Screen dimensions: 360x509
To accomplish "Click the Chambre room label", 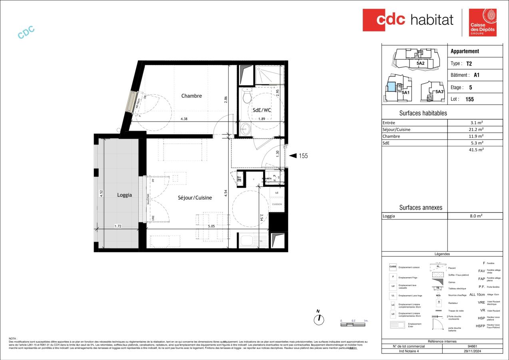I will [x=192, y=96].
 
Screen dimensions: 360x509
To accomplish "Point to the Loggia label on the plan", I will [x=124, y=195].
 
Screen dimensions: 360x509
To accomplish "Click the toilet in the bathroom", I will [x=247, y=96].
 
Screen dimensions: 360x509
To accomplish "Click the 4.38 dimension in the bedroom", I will [x=184, y=118].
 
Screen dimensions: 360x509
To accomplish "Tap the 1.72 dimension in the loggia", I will [x=118, y=226].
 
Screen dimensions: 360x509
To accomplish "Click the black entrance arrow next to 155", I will [x=293, y=156].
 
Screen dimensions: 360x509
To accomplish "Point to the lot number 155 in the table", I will [x=469, y=99].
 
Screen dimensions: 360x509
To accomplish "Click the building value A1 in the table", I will [x=476, y=75].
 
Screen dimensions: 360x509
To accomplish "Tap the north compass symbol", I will [x=318, y=319].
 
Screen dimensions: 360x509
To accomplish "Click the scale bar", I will [x=353, y=324].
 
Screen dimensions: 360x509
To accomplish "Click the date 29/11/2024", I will [x=472, y=351].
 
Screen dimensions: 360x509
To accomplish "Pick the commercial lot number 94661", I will [x=472, y=346].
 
